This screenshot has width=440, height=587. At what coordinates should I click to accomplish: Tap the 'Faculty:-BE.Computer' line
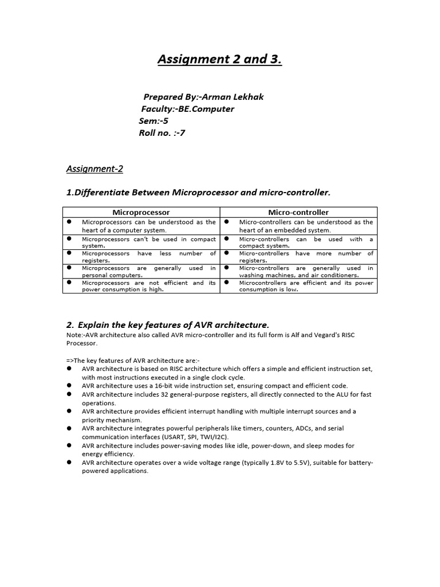[187, 109]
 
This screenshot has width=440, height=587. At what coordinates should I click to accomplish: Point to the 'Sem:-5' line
[154, 121]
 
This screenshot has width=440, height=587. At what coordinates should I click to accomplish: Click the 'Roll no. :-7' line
[162, 133]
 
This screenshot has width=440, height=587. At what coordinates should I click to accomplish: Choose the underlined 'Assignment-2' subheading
[95, 169]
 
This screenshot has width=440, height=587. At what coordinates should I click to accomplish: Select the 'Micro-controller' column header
[299, 212]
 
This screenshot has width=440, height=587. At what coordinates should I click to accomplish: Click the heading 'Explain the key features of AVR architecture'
[172, 325]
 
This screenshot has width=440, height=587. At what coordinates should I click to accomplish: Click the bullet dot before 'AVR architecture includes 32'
[69, 394]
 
